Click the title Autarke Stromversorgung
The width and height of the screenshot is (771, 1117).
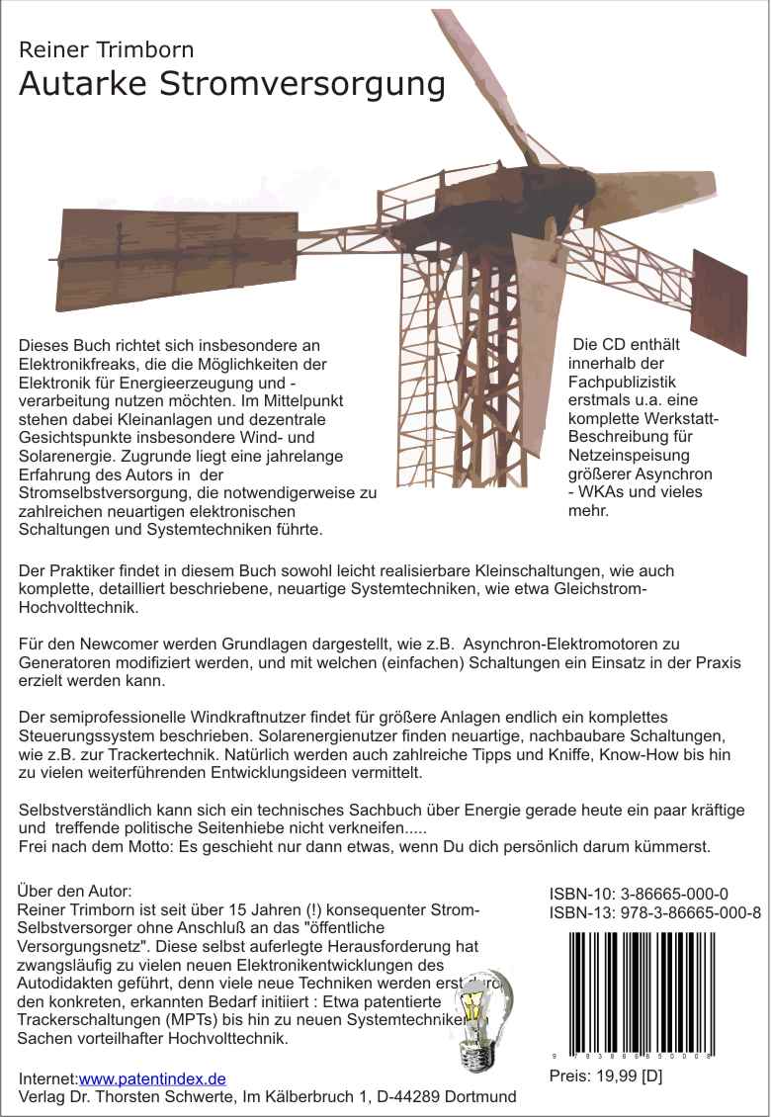pyautogui.click(x=231, y=85)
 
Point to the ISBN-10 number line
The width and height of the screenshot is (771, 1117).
pyautogui.click(x=639, y=895)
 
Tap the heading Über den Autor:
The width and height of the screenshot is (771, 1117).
pyautogui.click(x=75, y=891)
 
